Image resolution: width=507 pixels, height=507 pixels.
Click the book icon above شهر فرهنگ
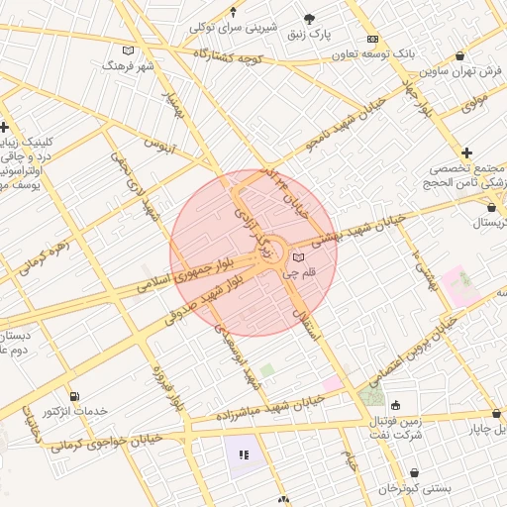point(127,51)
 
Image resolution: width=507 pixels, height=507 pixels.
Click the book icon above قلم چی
point(299,257)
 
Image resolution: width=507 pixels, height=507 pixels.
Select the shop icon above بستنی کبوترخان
point(414,474)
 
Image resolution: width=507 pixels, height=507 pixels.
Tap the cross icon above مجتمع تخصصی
point(466,152)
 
